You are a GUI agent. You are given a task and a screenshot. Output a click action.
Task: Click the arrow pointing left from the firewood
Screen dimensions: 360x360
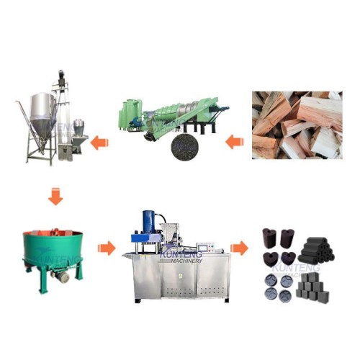point(233,142)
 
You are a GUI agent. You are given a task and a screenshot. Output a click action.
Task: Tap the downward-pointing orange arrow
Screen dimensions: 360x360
point(53,196)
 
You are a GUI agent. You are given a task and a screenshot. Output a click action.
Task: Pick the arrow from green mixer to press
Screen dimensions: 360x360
point(107,248)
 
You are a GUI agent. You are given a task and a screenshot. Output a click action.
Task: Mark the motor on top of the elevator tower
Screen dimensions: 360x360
point(60,76)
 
